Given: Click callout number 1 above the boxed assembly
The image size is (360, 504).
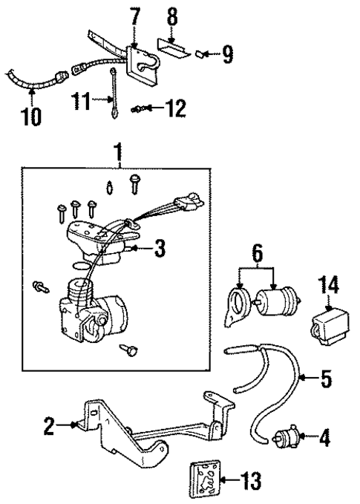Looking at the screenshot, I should [116, 153].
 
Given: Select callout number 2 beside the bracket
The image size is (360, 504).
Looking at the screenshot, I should [49, 425].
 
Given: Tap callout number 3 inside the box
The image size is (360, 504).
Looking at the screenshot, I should [159, 250].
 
